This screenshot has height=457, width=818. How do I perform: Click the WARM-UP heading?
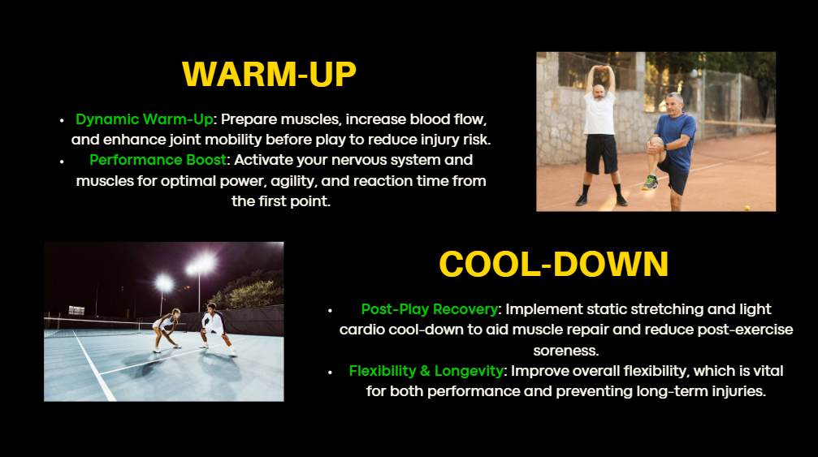(x=269, y=74)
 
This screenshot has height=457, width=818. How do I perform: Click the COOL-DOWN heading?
(x=553, y=264)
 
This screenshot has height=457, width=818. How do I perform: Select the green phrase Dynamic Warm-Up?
(x=145, y=119)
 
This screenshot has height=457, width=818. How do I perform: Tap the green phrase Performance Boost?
(x=158, y=160)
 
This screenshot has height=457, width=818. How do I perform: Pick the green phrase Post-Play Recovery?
(x=430, y=309)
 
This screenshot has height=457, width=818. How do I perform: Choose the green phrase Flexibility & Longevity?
(x=426, y=371)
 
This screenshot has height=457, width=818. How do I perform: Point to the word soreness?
(x=566, y=350)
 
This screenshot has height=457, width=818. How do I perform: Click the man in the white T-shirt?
(x=600, y=136)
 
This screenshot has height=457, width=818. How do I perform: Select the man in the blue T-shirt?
(x=670, y=151)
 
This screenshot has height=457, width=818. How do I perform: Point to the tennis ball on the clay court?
(x=747, y=208)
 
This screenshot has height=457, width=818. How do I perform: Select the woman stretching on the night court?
(x=167, y=330)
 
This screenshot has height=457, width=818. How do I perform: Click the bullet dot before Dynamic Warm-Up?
(x=62, y=120)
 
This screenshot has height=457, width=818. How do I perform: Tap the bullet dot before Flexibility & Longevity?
(x=331, y=372)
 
